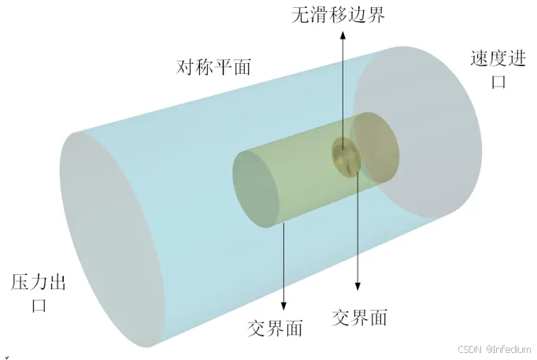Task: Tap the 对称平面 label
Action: (x=213, y=67)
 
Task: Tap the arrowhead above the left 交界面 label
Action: (x=283, y=306)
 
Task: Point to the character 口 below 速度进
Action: (x=498, y=81)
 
